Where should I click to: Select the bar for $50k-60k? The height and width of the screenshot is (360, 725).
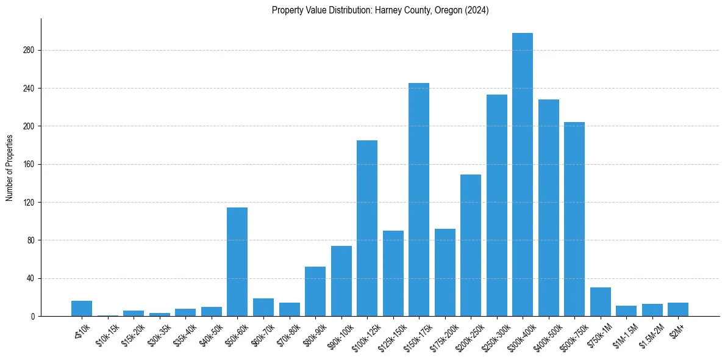pos(237,262)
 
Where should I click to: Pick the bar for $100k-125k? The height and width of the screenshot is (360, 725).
pos(367,228)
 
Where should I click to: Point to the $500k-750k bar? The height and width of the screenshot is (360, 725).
pos(574,219)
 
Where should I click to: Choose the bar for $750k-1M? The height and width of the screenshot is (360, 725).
pos(601,302)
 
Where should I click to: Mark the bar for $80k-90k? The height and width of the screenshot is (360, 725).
pos(315,292)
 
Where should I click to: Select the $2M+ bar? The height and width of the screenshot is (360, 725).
pos(678,309)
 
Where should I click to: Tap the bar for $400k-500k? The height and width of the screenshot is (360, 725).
pos(549,208)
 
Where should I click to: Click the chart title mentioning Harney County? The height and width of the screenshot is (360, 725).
pos(380,10)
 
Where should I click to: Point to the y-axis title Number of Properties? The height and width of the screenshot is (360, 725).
pos(10,168)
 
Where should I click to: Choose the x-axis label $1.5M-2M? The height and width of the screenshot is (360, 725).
pos(648,335)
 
